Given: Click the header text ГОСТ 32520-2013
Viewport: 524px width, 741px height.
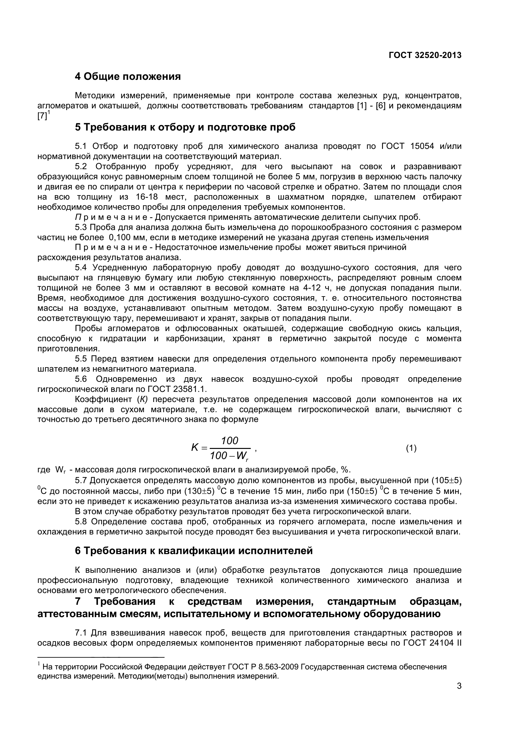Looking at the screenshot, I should [x=425, y=55].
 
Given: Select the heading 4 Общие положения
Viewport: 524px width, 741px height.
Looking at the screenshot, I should [x=127, y=76].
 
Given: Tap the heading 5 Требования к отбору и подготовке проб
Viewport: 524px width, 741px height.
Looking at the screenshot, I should [x=185, y=127].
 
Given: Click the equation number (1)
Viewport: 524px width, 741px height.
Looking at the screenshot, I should [x=411, y=448].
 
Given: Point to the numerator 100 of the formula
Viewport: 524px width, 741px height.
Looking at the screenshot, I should [x=230, y=441].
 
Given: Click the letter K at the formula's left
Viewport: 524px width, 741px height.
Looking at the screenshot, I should [x=195, y=448].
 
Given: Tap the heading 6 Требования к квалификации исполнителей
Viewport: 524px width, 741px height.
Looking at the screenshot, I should [x=194, y=551].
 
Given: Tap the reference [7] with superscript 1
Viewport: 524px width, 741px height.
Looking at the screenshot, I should [x=43, y=116].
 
